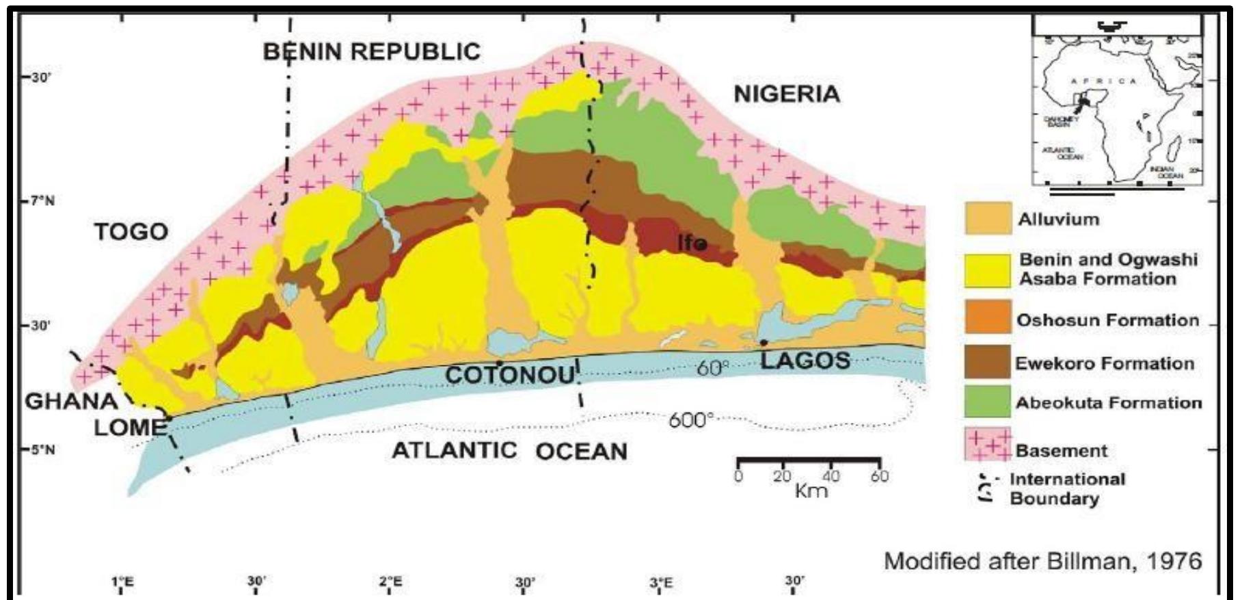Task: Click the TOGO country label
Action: point(131,232)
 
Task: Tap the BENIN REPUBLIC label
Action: point(372,52)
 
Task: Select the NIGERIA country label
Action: point(787,94)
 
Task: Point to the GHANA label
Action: point(71,401)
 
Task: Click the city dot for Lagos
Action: point(764,342)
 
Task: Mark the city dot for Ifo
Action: point(701,244)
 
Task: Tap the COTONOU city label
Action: point(511,375)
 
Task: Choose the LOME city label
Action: point(130,428)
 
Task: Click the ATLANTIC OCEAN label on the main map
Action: point(509,451)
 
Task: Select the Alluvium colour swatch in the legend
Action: point(988,219)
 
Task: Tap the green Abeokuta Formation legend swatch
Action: point(988,402)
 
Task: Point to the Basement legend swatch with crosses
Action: point(988,445)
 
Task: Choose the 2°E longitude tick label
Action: point(390,583)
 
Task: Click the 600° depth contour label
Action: point(690,419)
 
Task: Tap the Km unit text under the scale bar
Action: point(811,491)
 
